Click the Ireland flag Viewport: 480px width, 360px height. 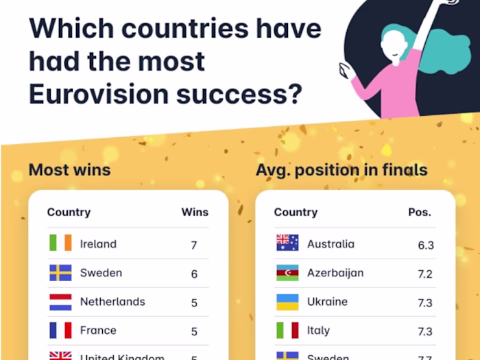tap(60, 243)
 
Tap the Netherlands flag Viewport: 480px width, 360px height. tap(60, 302)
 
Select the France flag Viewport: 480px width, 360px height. tap(60, 331)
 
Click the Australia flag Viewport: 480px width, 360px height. tap(287, 243)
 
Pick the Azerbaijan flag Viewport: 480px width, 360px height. tap(287, 273)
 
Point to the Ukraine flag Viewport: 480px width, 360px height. tap(287, 302)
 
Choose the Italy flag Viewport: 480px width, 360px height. tap(287, 331)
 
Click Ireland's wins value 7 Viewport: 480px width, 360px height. tap(194, 244)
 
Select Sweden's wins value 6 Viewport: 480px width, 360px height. tap(194, 273)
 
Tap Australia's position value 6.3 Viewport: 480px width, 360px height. tap(425, 245)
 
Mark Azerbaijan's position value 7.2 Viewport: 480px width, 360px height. tap(425, 274)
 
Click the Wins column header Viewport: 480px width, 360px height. tap(195, 212)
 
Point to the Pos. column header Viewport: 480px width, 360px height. tap(420, 212)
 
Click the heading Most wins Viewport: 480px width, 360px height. tap(69, 169)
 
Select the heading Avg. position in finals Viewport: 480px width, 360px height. tap(341, 170)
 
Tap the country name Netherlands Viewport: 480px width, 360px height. tap(112, 302)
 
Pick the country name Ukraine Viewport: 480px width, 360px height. tap(327, 302)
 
